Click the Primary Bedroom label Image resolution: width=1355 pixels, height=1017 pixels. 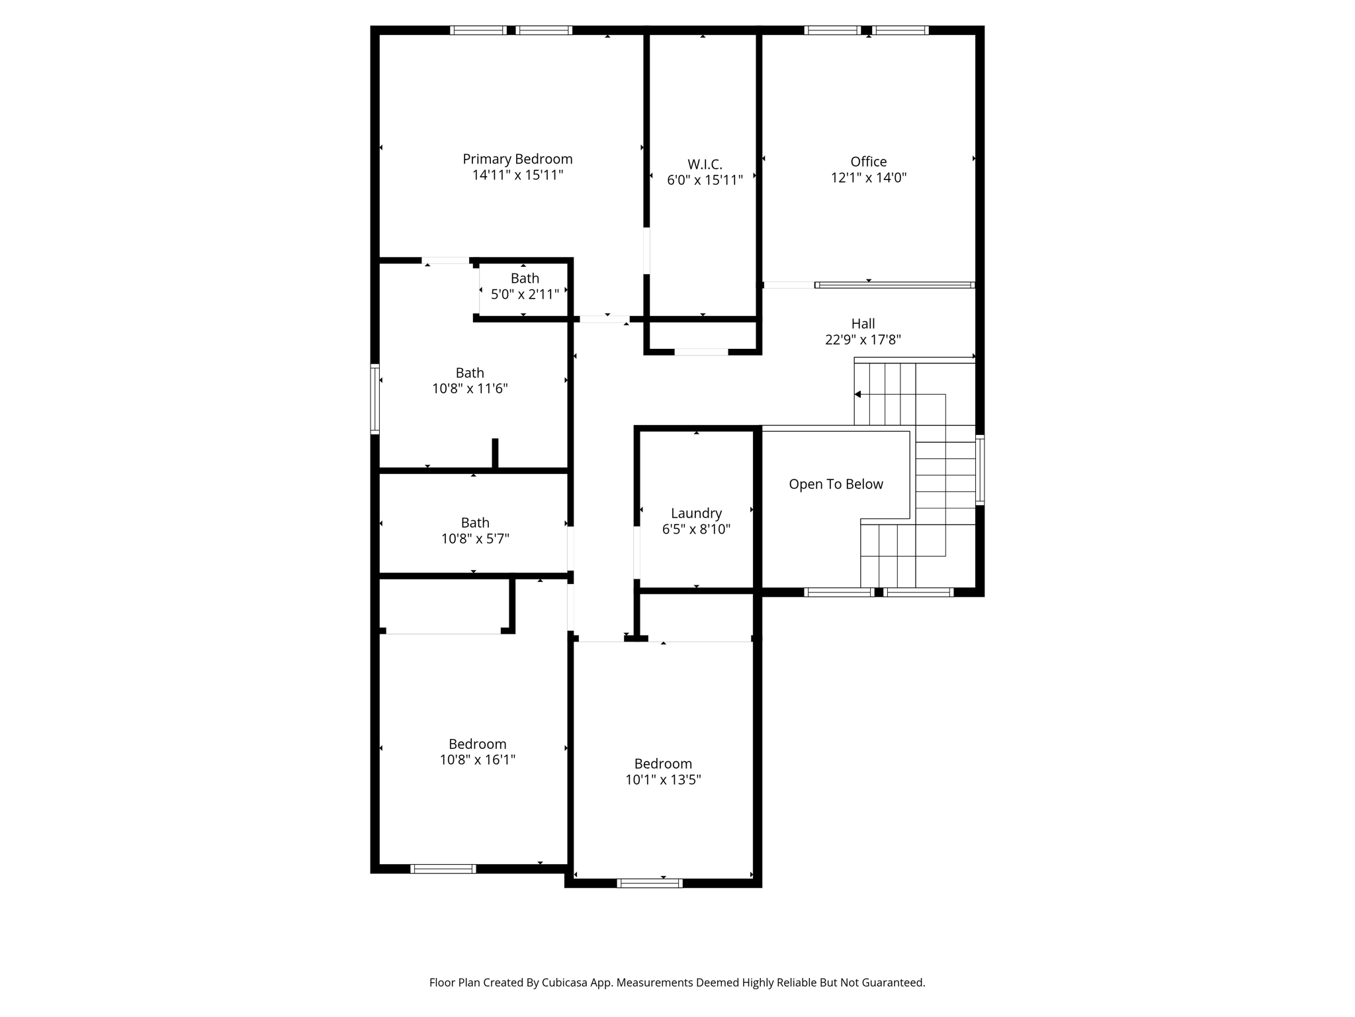click(517, 159)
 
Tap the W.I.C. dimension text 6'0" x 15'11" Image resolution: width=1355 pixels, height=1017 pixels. click(705, 180)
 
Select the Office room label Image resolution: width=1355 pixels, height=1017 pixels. click(868, 162)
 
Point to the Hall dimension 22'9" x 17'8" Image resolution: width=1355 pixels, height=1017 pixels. click(863, 340)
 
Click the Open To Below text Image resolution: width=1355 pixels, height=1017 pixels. click(836, 484)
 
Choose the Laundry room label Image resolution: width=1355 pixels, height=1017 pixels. click(696, 513)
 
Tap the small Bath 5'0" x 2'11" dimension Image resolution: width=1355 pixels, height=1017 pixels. click(525, 294)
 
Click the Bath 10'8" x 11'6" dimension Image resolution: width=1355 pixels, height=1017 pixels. click(470, 389)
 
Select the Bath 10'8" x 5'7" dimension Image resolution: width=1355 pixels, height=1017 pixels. click(475, 539)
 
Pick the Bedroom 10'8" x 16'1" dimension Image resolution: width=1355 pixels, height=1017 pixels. click(477, 760)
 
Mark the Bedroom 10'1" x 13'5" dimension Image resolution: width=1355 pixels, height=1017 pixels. click(663, 780)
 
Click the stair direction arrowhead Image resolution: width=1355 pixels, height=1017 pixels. click(857, 395)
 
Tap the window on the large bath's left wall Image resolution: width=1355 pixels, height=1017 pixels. click(375, 399)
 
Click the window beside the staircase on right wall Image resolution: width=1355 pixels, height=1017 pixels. click(980, 470)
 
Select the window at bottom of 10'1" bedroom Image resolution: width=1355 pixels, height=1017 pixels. click(649, 883)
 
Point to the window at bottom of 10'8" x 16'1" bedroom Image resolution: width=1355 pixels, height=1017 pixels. click(443, 869)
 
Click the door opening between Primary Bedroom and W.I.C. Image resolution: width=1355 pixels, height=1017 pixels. click(646, 250)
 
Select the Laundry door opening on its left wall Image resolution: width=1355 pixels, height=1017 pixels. click(636, 552)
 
